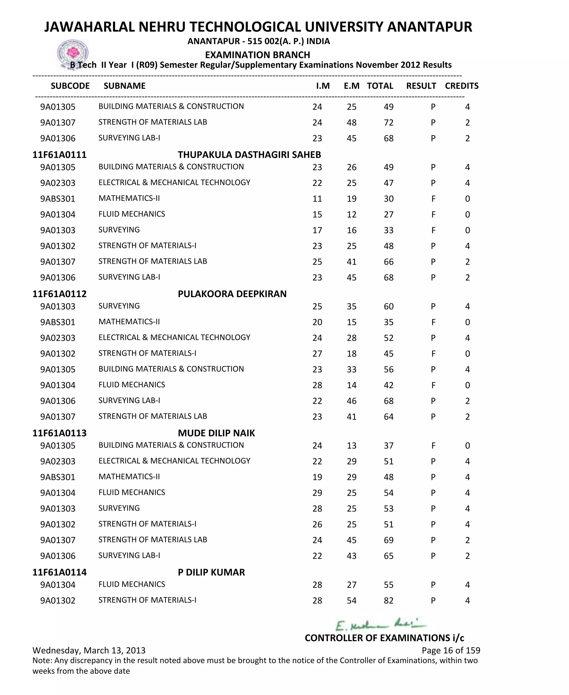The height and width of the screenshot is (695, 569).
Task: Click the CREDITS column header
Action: [461, 86]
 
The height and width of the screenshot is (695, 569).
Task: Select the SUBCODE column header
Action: [70, 86]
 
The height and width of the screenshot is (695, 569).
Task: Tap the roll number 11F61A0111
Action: [59, 155]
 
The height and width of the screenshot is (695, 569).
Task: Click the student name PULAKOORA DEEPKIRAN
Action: [232, 294]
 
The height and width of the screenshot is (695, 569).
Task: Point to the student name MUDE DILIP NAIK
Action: [216, 433]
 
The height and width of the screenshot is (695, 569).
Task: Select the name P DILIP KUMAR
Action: [211, 572]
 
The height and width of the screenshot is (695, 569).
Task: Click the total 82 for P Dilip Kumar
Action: [388, 600]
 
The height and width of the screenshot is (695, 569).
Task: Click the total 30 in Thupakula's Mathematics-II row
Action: [388, 199]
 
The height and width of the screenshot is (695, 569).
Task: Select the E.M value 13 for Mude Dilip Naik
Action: [351, 445]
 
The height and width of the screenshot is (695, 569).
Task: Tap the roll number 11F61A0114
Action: [59, 572]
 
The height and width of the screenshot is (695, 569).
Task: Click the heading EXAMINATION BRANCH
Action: [257, 55]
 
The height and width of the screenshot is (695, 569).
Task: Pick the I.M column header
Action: [323, 86]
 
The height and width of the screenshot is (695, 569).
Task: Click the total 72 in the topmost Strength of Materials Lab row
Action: [388, 122]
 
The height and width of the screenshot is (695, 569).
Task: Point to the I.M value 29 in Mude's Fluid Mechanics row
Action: [317, 493]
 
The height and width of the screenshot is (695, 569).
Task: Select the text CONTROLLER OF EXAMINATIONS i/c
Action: [384, 638]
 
